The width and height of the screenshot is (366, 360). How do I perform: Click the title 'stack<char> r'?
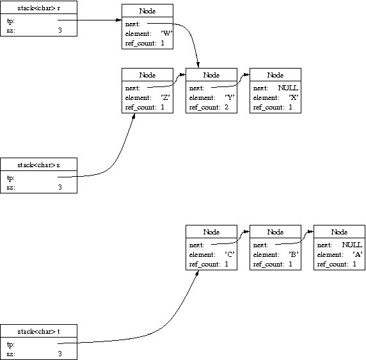pos(39,8)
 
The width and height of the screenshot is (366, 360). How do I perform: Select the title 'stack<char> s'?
pos(39,165)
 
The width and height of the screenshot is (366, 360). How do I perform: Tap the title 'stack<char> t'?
pos(39,331)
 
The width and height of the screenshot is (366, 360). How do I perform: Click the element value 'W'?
pos(166,33)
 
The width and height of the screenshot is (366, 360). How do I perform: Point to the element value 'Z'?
pos(165,97)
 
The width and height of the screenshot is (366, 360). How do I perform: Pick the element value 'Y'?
pos(230,97)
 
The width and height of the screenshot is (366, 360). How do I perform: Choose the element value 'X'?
pos(294,97)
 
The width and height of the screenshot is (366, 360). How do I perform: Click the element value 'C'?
pos(230,254)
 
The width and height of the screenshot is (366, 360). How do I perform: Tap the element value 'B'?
pos(294,254)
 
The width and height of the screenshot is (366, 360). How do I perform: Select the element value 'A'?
pos(358,254)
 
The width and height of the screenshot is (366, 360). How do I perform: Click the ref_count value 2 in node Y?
pos(227,107)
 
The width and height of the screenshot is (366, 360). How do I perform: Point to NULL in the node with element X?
pos(288,88)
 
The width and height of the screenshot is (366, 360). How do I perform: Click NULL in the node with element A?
pos(352,245)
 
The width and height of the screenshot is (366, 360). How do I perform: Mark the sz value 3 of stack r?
pos(60,30)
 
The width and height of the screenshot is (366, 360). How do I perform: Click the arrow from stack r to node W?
pos(90,20)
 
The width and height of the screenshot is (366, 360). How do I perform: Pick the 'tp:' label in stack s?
pos(11,178)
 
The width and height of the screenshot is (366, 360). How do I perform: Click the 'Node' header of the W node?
pos(147,11)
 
